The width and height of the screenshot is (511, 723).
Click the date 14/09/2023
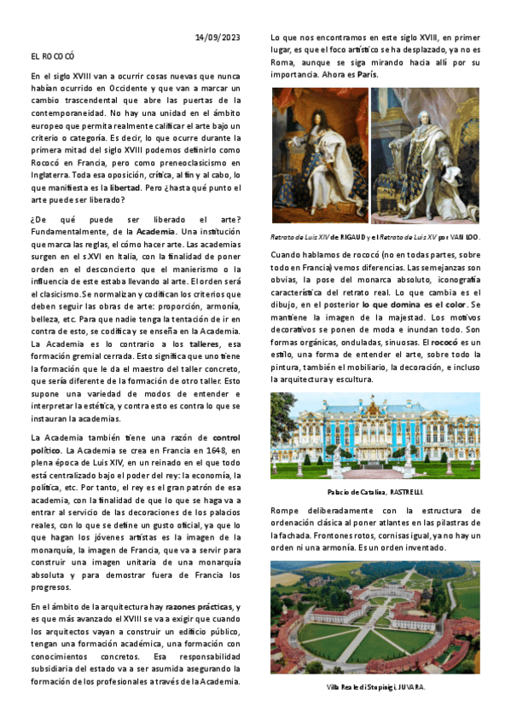click(x=218, y=37)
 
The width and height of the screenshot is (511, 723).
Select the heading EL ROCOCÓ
click(x=52, y=56)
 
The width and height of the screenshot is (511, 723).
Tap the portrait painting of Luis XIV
click(x=319, y=155)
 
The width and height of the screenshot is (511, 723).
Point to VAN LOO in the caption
click(x=464, y=237)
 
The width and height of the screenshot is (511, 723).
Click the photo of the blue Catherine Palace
click(x=375, y=435)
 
